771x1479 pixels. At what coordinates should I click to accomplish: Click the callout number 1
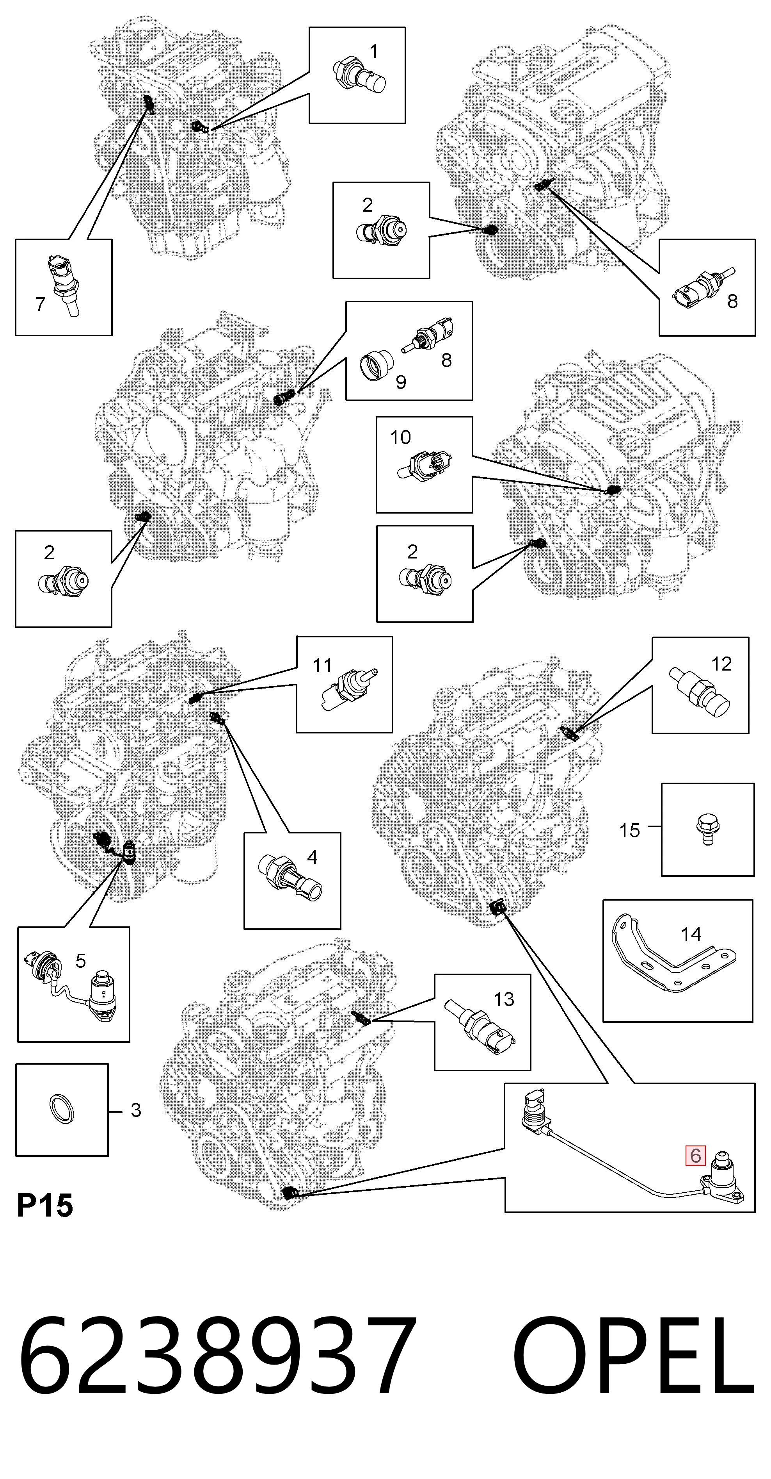coord(373,52)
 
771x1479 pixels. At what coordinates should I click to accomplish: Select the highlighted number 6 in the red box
coord(695,1154)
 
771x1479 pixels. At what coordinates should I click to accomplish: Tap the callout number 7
coord(40,304)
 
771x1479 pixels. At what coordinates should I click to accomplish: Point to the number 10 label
coord(400,437)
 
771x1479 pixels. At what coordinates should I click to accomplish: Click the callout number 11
coord(322,665)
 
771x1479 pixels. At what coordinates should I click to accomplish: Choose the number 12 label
coord(721,664)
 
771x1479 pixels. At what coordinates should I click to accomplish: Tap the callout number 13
coord(504,999)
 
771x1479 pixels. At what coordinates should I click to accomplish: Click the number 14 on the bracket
coord(691,934)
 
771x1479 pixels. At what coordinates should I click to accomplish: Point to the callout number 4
coord(312,857)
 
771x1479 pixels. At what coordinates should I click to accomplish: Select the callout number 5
coord(80,960)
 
